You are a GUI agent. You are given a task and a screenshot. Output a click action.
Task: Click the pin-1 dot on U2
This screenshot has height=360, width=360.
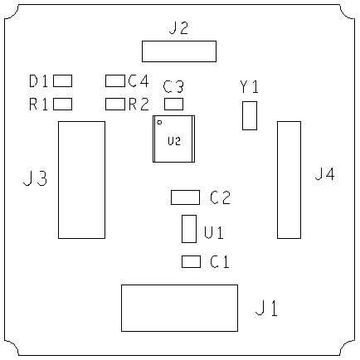pyautogui.click(x=159, y=122)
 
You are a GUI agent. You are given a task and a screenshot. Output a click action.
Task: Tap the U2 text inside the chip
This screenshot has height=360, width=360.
pyautogui.click(x=174, y=141)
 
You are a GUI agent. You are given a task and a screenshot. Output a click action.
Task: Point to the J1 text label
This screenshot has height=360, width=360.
pyautogui.click(x=266, y=309)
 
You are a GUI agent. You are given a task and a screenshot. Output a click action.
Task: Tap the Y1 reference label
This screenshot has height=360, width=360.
pyautogui.click(x=249, y=86)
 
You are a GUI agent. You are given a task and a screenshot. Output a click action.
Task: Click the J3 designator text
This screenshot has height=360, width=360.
pyautogui.click(x=35, y=178)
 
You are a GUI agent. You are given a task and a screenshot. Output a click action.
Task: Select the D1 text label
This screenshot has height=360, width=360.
pyautogui.click(x=38, y=81)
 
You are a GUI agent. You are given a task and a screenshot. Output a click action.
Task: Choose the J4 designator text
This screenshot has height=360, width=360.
pyautogui.click(x=325, y=174)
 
